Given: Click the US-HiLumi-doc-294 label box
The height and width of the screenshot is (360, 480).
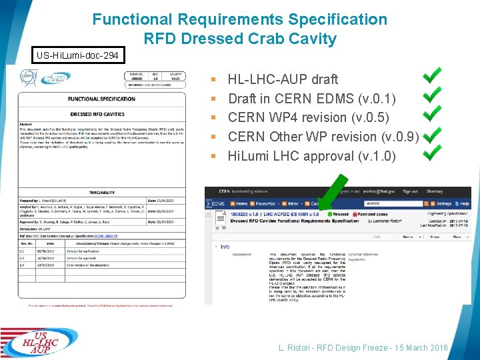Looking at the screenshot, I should click(79, 55).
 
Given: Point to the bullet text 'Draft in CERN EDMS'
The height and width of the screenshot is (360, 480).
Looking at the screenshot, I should click(312, 99).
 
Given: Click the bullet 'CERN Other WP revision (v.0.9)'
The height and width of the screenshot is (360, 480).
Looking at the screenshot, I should click(323, 137).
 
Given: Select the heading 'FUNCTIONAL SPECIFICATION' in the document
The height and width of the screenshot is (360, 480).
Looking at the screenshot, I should click(101, 99).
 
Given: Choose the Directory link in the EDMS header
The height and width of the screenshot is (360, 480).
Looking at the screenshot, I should click(453, 191).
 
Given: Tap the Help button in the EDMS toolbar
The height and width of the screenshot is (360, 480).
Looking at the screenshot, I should click(463, 203).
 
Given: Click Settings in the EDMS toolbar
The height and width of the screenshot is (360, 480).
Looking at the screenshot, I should click(442, 203).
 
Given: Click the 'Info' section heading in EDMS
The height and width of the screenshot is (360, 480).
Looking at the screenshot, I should click(225, 247).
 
